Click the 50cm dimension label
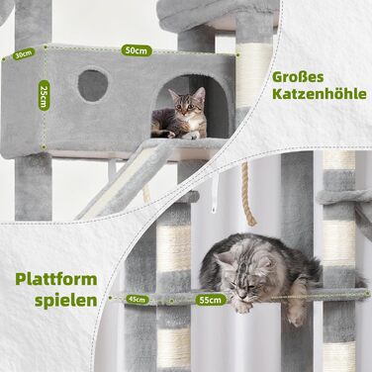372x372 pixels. [x=130, y=49]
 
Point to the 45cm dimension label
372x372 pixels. [x=138, y=298]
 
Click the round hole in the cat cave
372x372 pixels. [x=94, y=86]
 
